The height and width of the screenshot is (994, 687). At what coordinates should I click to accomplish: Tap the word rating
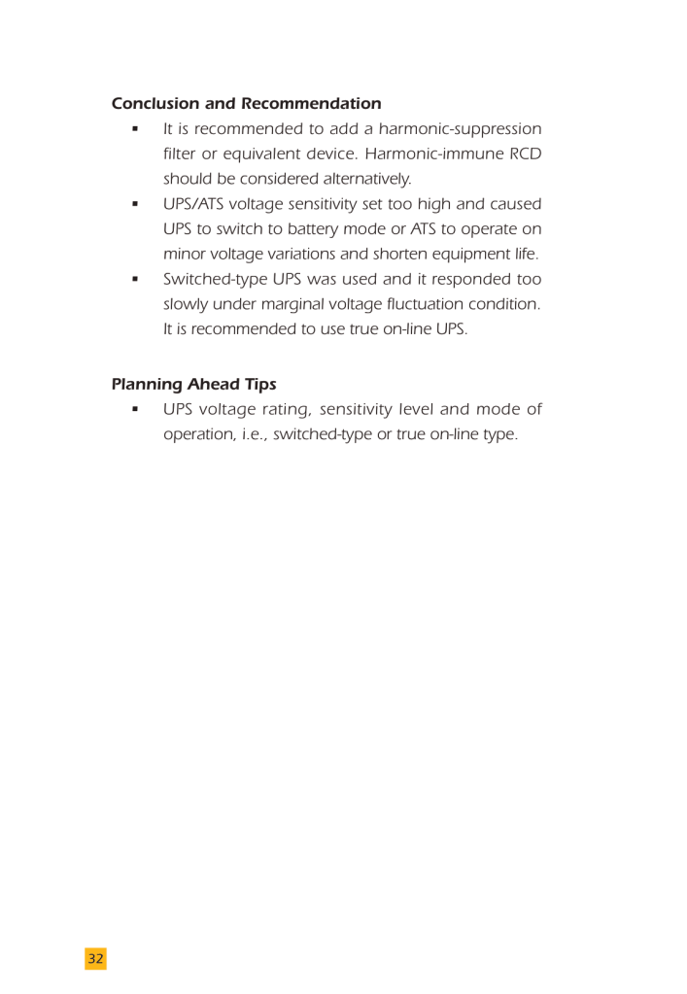pyautogui.click(x=279, y=410)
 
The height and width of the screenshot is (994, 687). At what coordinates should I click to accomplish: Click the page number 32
pyautogui.click(x=95, y=959)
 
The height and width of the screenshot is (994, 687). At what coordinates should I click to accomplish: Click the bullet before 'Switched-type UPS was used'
pyautogui.click(x=135, y=280)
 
